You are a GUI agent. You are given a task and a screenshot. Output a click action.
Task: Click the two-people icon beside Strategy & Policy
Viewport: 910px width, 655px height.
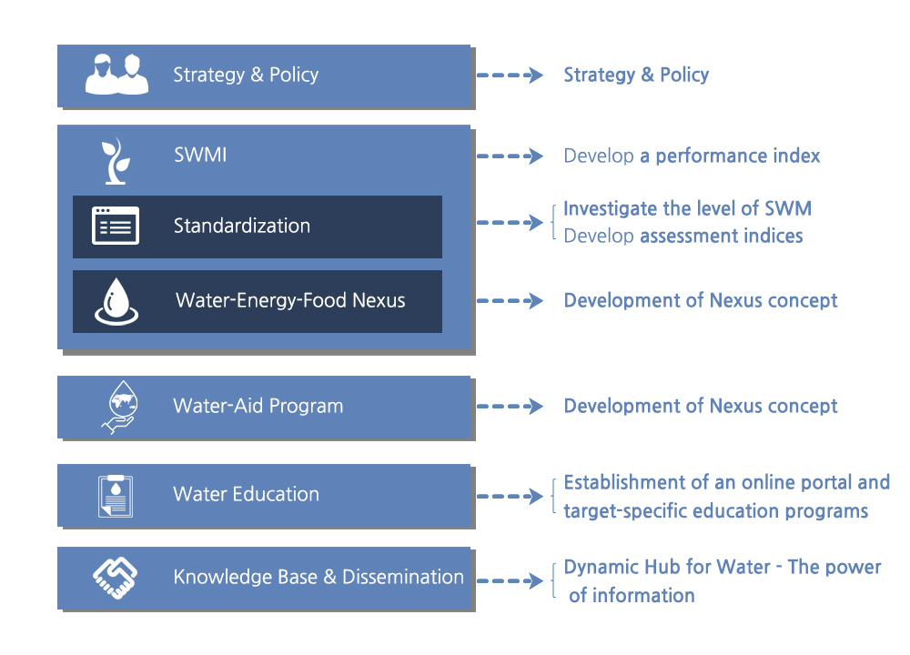(116, 75)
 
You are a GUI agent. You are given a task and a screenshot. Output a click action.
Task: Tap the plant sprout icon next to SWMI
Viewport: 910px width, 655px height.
(116, 161)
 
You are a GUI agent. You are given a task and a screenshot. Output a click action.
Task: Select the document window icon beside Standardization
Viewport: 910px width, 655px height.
(116, 225)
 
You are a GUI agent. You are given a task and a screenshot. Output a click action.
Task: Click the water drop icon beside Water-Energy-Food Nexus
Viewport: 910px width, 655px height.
(116, 301)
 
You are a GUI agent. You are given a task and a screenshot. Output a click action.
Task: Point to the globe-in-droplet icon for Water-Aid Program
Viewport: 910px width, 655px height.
(120, 407)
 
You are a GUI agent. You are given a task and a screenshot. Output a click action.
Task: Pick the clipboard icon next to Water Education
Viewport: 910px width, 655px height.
(116, 496)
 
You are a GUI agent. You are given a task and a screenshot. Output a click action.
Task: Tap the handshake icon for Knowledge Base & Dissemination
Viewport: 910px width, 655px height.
(115, 578)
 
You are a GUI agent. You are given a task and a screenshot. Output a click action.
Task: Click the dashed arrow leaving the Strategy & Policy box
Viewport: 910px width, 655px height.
(510, 75)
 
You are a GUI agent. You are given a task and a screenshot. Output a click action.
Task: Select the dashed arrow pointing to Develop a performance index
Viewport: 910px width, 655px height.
(510, 156)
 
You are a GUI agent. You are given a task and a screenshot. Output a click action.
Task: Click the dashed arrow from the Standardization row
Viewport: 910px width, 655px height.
(510, 222)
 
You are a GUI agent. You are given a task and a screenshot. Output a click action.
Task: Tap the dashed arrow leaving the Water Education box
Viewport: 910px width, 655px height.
(510, 496)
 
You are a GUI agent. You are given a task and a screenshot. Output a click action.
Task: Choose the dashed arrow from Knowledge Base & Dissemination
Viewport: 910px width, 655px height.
(510, 580)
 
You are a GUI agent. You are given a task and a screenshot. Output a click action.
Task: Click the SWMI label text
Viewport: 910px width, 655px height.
(200, 155)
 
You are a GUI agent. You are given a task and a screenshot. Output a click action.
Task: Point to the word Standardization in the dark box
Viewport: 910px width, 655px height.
(242, 226)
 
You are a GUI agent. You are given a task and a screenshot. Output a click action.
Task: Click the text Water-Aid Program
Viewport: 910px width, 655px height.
(258, 406)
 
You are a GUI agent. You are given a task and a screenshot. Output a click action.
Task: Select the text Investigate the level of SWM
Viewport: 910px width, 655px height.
(688, 208)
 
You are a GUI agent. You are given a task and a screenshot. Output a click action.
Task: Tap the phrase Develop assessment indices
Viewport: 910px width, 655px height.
(683, 237)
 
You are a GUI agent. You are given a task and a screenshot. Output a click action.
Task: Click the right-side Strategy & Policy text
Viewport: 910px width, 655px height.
(637, 75)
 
